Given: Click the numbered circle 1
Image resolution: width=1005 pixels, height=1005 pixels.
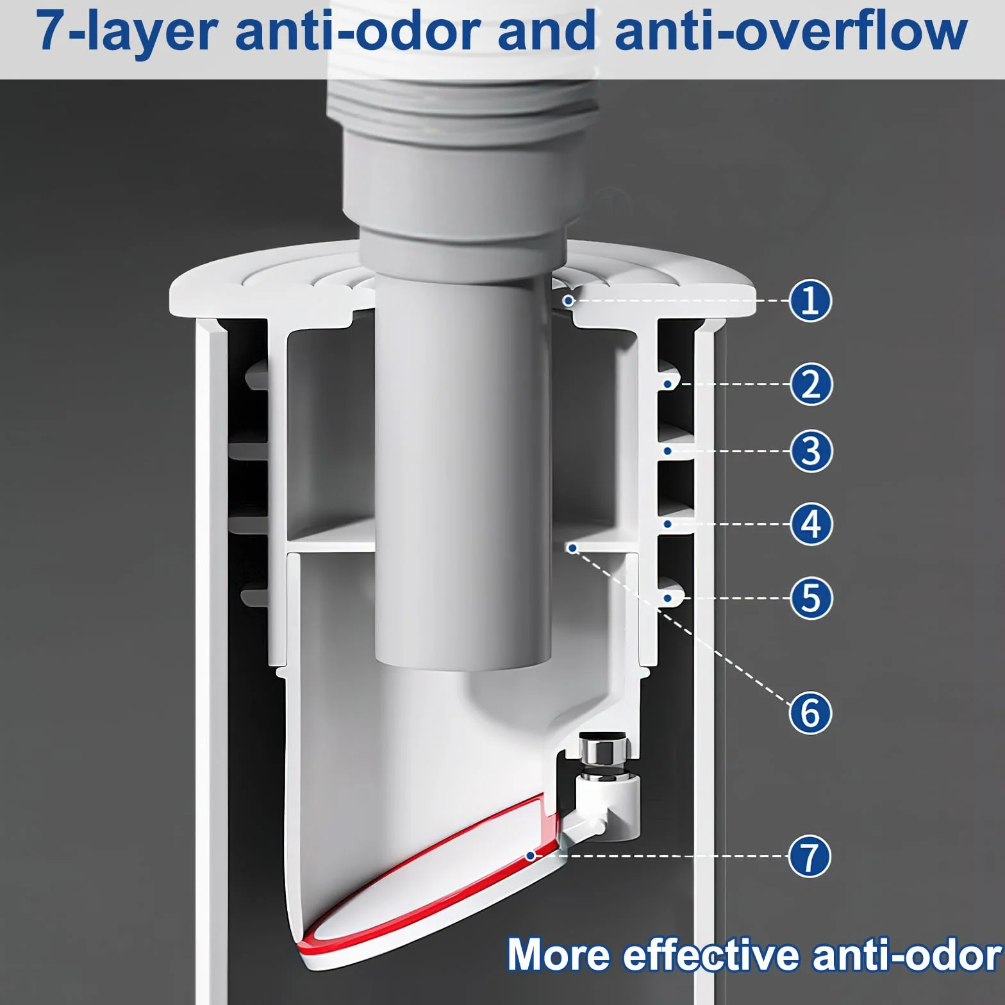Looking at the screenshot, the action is pyautogui.click(x=810, y=300).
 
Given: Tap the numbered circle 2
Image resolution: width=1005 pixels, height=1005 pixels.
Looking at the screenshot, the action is pyautogui.click(x=811, y=384).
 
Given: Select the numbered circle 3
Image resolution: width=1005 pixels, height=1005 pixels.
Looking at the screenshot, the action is pyautogui.click(x=811, y=451).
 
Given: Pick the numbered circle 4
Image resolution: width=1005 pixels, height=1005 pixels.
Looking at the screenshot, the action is pyautogui.click(x=811, y=524).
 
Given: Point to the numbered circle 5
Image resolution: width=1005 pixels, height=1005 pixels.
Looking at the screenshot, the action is pyautogui.click(x=811, y=598).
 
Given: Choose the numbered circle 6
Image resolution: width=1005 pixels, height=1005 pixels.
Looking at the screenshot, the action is pyautogui.click(x=810, y=712).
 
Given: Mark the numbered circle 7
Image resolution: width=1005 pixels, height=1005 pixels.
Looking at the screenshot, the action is pyautogui.click(x=810, y=856).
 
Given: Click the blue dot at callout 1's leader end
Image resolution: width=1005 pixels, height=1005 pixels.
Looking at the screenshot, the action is pyautogui.click(x=568, y=300).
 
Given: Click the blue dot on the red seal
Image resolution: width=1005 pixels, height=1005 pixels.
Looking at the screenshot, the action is pyautogui.click(x=530, y=856).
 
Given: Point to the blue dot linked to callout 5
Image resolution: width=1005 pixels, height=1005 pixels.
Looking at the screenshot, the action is pyautogui.click(x=668, y=598).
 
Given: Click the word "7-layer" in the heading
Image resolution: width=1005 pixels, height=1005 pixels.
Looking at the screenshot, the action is pyautogui.click(x=127, y=32).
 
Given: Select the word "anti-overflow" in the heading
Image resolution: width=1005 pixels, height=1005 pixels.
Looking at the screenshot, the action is pyautogui.click(x=791, y=31).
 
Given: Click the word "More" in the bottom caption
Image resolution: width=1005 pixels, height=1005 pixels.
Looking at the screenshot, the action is pyautogui.click(x=558, y=955).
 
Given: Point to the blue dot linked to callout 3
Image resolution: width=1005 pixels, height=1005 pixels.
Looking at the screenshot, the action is pyautogui.click(x=668, y=451).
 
